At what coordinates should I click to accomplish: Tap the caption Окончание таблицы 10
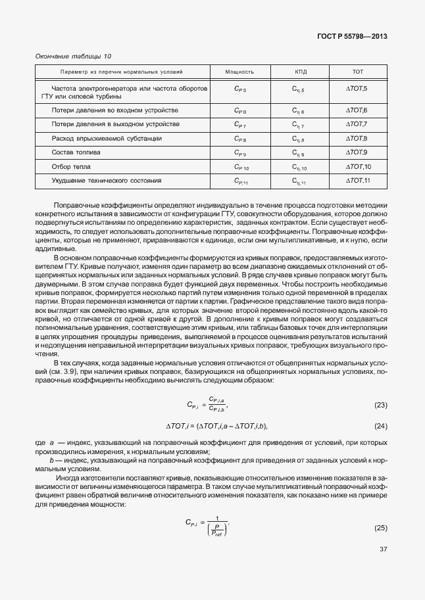(x=73, y=57)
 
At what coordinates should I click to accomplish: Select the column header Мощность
(x=239, y=71)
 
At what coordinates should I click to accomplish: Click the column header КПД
(x=298, y=71)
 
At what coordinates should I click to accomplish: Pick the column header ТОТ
(x=358, y=71)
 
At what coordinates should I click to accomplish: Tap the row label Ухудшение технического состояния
(x=107, y=179)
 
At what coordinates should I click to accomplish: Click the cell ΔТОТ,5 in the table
(x=357, y=88)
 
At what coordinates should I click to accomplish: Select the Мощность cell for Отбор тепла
(x=241, y=167)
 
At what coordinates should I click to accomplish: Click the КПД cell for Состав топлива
(x=298, y=153)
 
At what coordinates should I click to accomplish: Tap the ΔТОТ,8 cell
(x=357, y=139)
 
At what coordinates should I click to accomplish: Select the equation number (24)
(x=380, y=427)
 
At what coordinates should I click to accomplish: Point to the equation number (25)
(x=380, y=528)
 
